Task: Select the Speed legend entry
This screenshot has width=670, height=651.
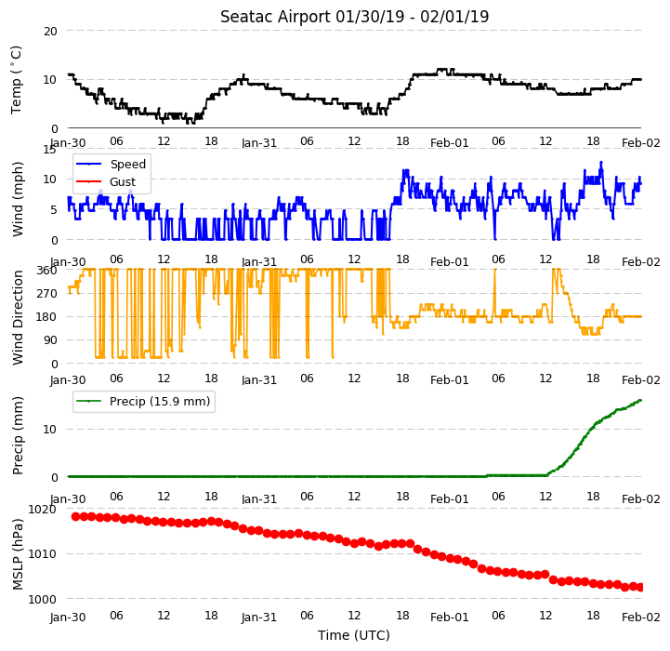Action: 111,165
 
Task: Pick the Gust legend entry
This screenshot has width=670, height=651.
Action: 105,181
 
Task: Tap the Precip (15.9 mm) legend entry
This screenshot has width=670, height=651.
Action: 143,401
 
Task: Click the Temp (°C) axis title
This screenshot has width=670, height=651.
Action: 16,80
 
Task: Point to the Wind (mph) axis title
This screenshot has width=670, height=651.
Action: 17,199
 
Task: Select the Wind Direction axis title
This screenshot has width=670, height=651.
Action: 17,317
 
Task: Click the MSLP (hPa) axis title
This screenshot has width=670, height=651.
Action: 17,554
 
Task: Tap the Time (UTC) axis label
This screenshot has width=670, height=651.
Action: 354,635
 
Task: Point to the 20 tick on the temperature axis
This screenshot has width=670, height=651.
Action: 50,31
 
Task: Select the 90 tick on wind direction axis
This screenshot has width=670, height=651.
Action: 51,340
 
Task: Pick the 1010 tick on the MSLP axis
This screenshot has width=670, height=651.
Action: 42,554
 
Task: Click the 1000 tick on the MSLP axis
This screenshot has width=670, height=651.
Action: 42,599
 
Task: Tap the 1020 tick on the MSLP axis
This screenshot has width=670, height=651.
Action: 42,510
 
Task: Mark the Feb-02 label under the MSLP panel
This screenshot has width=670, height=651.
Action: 641,617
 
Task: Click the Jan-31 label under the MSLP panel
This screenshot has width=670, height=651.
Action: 259,617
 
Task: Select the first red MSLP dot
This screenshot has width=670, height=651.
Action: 75,517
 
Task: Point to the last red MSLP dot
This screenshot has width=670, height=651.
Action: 640,588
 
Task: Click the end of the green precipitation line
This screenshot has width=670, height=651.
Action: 640,400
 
